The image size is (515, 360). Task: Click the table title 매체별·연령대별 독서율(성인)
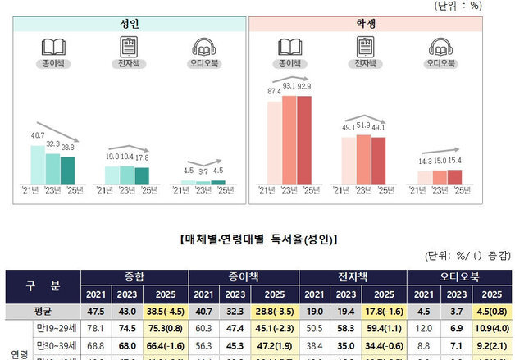(x=257, y=239)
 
